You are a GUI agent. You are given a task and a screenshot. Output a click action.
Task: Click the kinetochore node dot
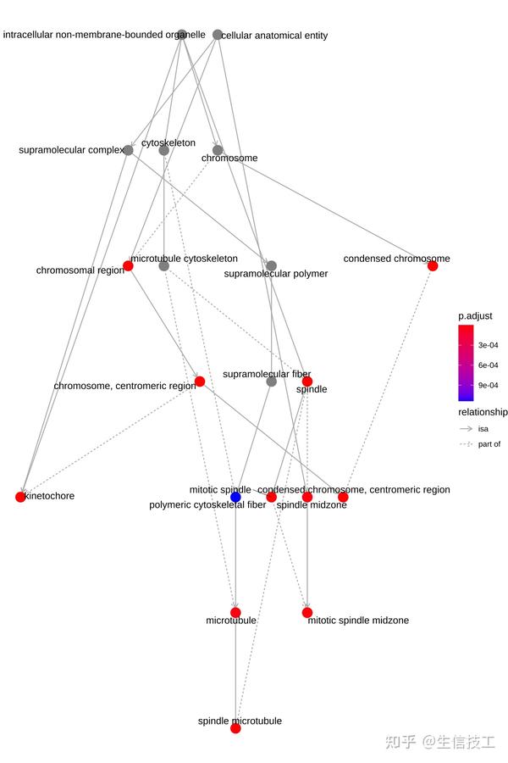[x=20, y=497]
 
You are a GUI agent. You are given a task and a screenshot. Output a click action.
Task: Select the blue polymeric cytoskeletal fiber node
[x=235, y=497]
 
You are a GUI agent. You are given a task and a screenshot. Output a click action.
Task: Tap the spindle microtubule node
[x=235, y=727]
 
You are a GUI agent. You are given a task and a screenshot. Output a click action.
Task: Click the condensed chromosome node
[x=433, y=265]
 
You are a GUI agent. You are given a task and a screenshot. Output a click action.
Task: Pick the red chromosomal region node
[x=128, y=265]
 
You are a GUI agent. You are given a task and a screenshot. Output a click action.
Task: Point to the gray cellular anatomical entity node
[x=218, y=35]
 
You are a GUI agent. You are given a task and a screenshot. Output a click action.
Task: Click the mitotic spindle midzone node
[x=307, y=612]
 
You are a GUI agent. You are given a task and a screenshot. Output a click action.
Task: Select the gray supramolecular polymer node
[x=271, y=265]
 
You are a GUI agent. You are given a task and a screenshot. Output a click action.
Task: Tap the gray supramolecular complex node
[x=128, y=150]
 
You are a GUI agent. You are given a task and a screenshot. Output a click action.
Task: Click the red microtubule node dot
[x=235, y=612]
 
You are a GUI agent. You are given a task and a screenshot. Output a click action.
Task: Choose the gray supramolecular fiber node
[x=271, y=381]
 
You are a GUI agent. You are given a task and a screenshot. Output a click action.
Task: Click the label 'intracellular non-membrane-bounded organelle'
[x=104, y=35]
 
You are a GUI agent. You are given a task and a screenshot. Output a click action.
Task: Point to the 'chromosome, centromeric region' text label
[x=124, y=386]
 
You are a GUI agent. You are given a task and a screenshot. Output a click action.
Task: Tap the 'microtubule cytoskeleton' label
[x=184, y=258]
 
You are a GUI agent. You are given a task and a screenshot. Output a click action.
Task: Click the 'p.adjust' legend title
[x=475, y=316]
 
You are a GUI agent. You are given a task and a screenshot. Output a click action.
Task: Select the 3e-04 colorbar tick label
[x=488, y=345]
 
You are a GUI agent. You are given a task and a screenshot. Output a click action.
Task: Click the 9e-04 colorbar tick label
[x=488, y=386]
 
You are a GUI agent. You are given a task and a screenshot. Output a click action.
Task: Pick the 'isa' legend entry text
[x=483, y=429]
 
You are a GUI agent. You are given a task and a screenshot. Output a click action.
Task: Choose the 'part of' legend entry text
[x=489, y=444]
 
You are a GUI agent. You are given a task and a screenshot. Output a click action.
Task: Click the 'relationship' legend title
[x=483, y=412]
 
